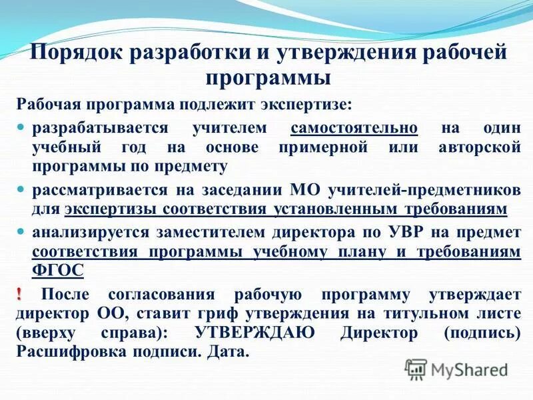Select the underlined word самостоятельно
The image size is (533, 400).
point(354,127)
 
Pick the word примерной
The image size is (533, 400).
point(330,146)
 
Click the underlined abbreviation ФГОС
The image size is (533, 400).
point(58,270)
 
